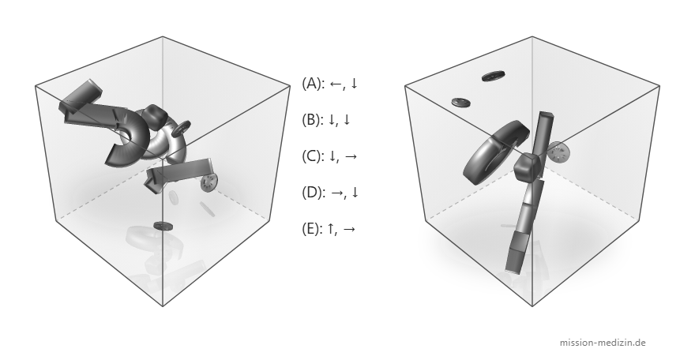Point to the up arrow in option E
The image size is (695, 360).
[x=331, y=228]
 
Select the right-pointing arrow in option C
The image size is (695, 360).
[x=350, y=156]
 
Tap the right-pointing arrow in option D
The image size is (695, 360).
[x=337, y=193]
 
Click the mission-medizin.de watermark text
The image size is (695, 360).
[x=603, y=343]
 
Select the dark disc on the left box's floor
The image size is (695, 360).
[x=163, y=226]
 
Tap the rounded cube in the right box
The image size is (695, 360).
[x=528, y=167]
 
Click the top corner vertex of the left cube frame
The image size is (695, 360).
[x=163, y=37]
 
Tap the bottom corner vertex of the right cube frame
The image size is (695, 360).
[x=532, y=306]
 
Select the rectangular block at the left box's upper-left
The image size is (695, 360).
[x=81, y=96]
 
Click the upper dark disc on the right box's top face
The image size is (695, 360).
[x=494, y=76]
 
